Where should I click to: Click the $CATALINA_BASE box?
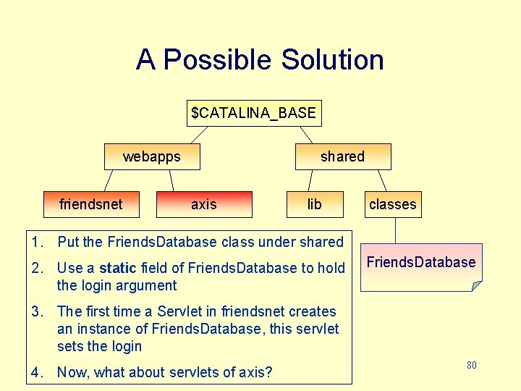tap(253, 113)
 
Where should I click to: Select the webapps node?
tap(152, 156)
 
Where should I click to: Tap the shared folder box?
tap(342, 156)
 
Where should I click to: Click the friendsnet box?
tap(91, 204)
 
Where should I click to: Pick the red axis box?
tap(204, 204)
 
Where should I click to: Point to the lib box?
tap(314, 204)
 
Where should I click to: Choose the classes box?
tap(392, 204)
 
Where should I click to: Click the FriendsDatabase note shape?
tap(420, 266)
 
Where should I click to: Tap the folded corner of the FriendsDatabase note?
tap(476, 286)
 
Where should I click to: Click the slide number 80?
tap(471, 365)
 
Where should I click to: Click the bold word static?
tap(117, 268)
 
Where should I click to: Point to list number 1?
tap(36, 242)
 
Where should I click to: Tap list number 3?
tap(36, 311)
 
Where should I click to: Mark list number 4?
tap(36, 372)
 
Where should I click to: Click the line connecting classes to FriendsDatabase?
tap(395, 230)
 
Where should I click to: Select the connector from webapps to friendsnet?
tap(109, 180)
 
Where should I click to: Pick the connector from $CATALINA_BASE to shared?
tap(306, 135)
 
